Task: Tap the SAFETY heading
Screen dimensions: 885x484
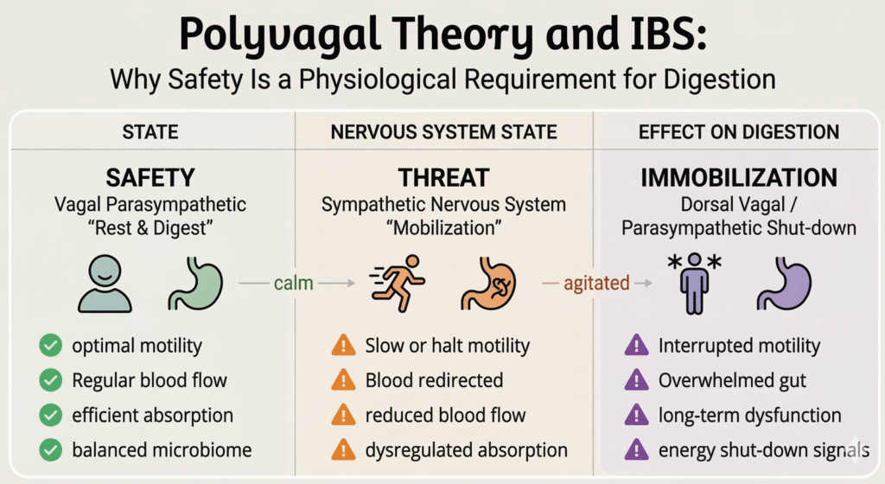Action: click(150, 178)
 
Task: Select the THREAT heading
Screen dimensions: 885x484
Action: click(443, 178)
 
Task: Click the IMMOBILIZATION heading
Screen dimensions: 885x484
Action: click(739, 178)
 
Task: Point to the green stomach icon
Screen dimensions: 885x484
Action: click(196, 283)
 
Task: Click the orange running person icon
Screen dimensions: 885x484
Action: click(398, 283)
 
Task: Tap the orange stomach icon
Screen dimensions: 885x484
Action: click(489, 283)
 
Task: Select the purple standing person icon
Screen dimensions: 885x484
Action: click(694, 283)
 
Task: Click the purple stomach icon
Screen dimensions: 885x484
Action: click(784, 283)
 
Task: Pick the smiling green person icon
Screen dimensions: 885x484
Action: click(105, 283)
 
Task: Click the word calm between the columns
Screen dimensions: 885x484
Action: click(294, 283)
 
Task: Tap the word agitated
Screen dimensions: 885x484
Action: click(596, 283)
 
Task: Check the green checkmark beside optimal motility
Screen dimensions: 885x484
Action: click(51, 345)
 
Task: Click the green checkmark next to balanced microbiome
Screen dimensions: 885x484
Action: click(51, 450)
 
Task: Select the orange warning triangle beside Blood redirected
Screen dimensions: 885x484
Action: click(343, 380)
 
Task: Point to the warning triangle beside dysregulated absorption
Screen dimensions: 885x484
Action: click(343, 450)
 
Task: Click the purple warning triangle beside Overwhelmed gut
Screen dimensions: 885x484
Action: click(637, 380)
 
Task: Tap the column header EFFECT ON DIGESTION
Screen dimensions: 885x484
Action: click(739, 132)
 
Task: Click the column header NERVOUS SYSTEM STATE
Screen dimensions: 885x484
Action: click(443, 132)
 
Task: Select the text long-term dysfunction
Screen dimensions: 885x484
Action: click(749, 416)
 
